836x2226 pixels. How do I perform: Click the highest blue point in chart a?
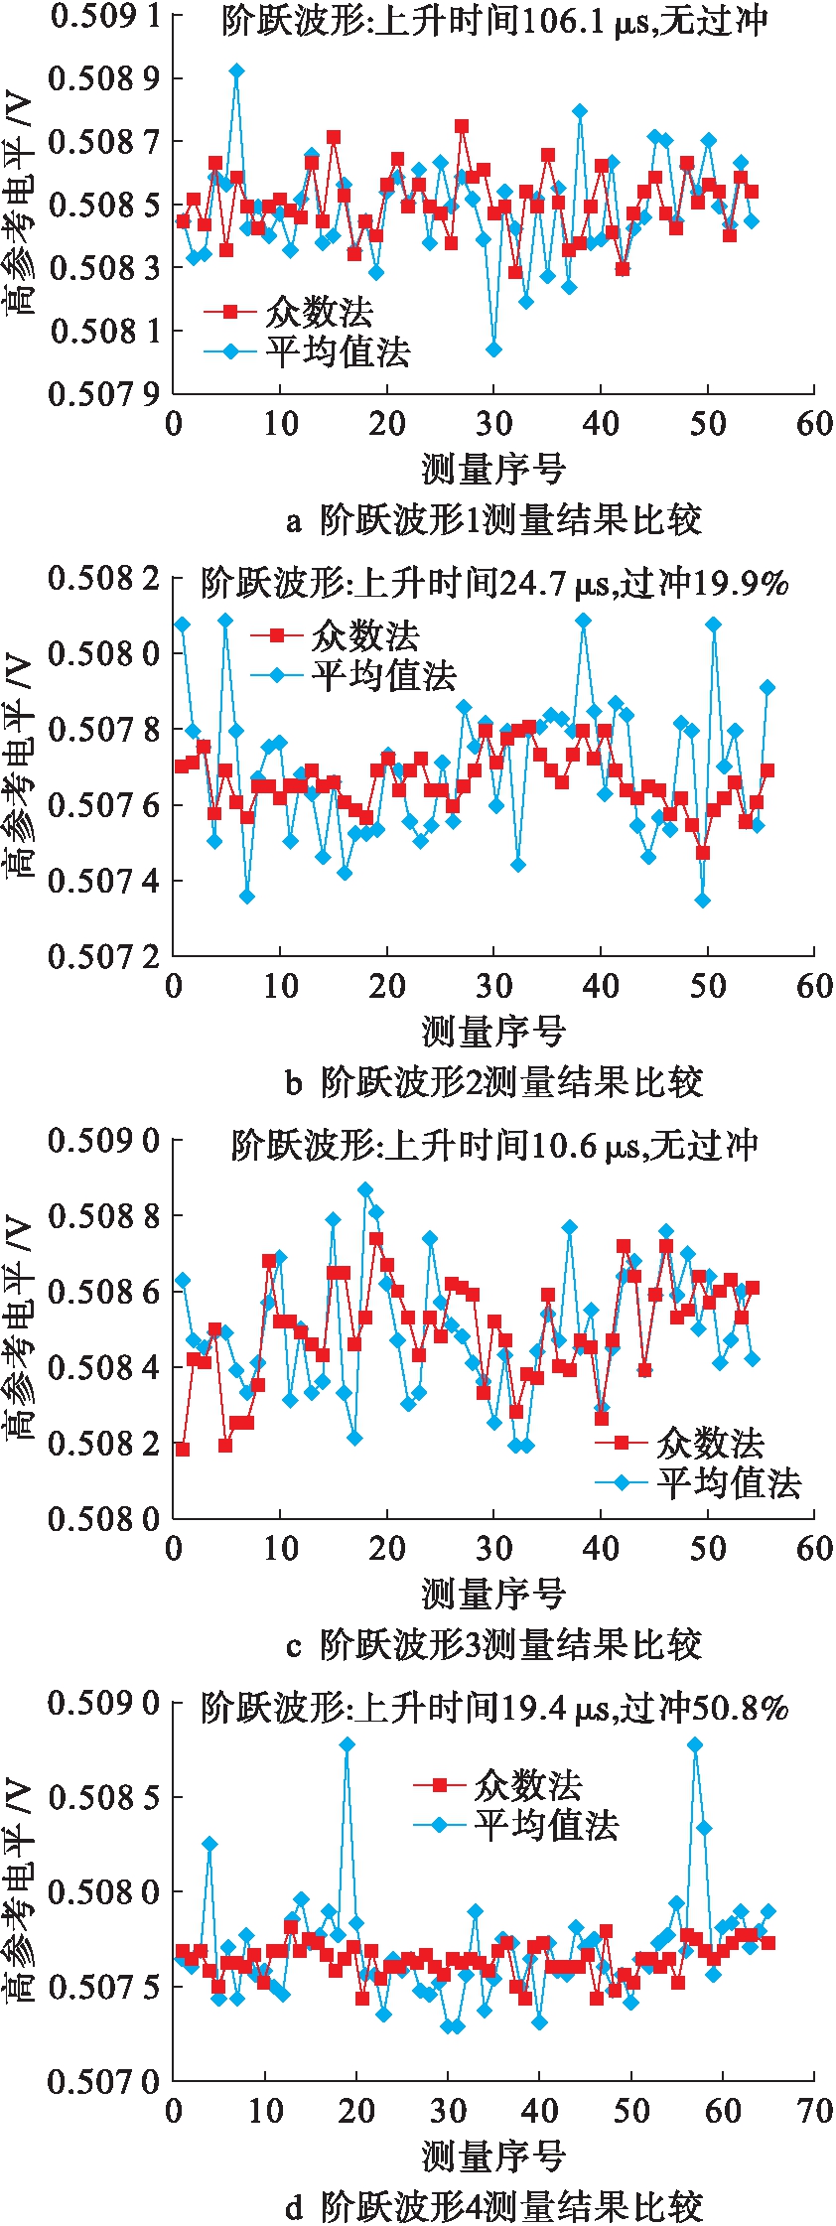(x=236, y=70)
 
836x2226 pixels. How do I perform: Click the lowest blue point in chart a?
(x=493, y=349)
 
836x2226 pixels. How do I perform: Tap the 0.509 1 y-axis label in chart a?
(x=103, y=17)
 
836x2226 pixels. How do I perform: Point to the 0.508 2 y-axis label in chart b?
(x=103, y=578)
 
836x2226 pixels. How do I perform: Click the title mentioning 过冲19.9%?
(x=494, y=583)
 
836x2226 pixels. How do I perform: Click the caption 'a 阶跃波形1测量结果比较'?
(x=493, y=518)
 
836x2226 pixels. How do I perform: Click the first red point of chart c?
(x=183, y=1449)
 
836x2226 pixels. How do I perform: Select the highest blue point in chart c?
(x=365, y=1189)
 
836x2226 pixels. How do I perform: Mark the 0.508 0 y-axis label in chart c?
(x=103, y=1518)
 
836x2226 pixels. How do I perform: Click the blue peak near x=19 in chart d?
(x=347, y=1744)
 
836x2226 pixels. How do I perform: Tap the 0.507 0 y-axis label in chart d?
(x=103, y=2081)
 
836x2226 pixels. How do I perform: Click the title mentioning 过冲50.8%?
(x=494, y=1708)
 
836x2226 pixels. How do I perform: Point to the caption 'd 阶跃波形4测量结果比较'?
(x=493, y=2206)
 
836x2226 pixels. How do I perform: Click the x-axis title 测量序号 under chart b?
(x=493, y=1032)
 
